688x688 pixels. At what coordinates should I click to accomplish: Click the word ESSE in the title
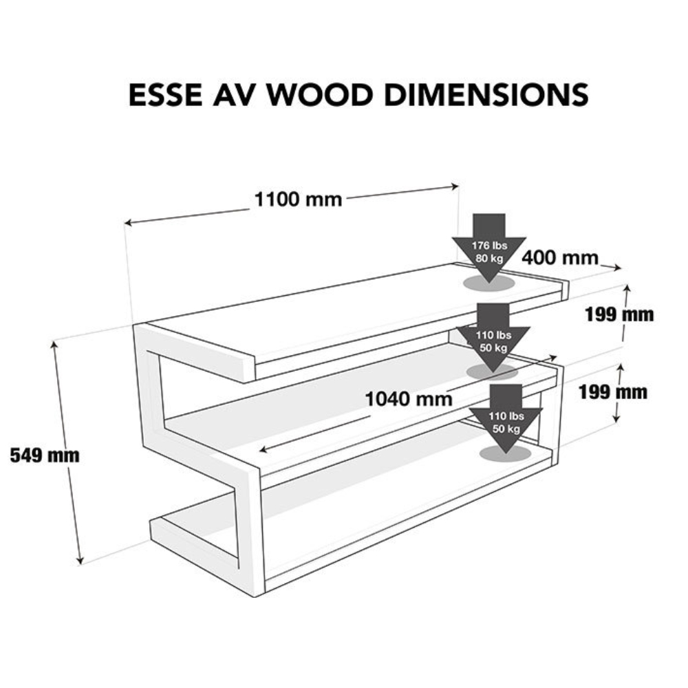[x=165, y=94]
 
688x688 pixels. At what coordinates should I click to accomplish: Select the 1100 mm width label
[x=299, y=200]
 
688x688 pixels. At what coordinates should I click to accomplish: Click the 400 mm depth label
[x=560, y=257]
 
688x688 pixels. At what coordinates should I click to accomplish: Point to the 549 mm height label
[x=45, y=455]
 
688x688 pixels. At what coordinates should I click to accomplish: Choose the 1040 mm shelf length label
[x=409, y=399]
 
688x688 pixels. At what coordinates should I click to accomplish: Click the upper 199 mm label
[x=619, y=314]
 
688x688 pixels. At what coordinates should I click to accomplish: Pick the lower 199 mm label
[x=612, y=392]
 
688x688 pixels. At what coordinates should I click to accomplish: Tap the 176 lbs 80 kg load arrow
[x=488, y=248]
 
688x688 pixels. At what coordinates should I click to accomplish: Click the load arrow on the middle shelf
[x=493, y=338]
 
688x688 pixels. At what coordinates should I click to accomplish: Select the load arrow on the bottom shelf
[x=506, y=419]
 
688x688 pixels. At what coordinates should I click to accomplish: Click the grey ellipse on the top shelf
[x=488, y=283]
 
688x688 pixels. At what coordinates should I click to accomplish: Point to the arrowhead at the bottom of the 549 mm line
[x=79, y=561]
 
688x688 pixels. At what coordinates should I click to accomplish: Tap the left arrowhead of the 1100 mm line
[x=128, y=223]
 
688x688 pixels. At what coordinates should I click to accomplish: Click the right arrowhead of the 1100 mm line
[x=455, y=186]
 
